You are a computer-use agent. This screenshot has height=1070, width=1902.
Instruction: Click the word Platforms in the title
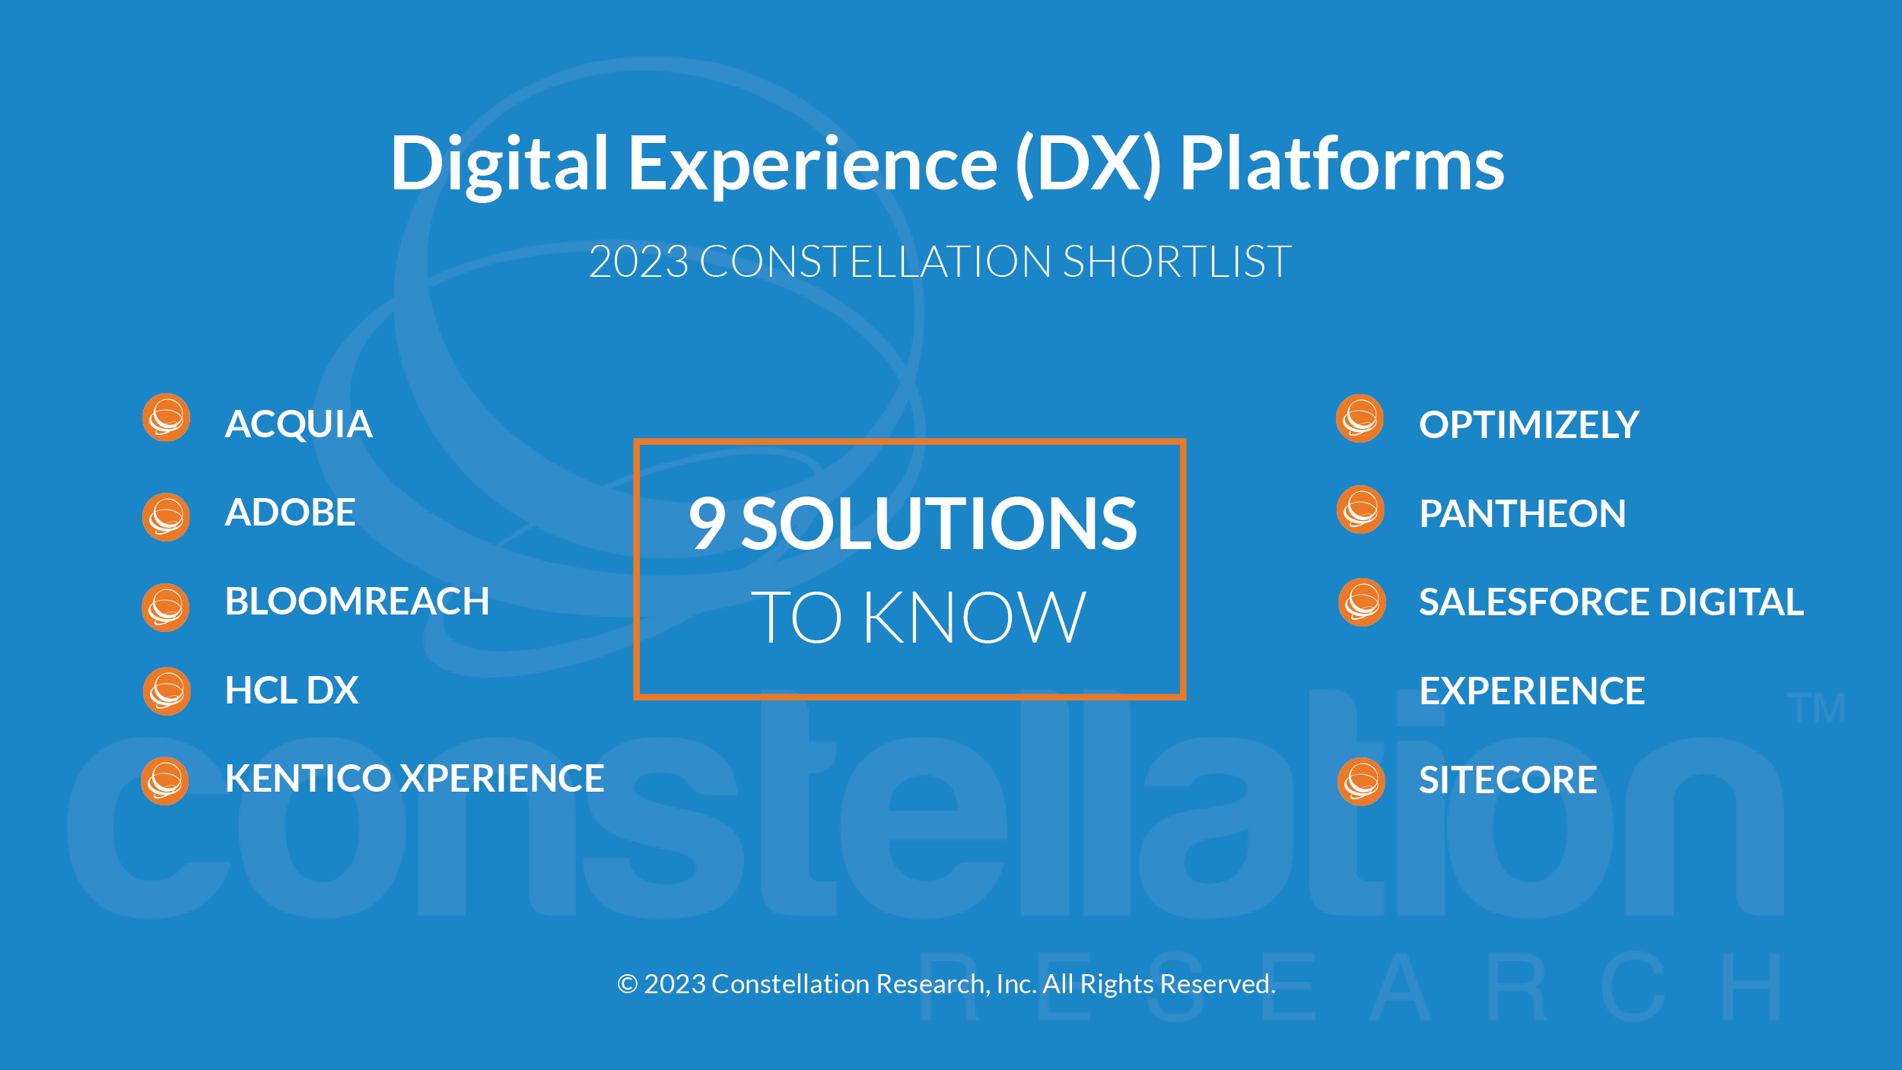[1342, 163]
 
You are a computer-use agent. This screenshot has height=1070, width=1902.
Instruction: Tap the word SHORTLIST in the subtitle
[1177, 262]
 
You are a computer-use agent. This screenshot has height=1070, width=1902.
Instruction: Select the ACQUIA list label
[299, 424]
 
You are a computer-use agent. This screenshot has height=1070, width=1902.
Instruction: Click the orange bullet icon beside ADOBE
[166, 517]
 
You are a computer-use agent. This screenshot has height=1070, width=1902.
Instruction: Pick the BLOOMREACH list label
[357, 601]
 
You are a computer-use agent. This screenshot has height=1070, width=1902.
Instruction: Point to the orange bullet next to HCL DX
[167, 691]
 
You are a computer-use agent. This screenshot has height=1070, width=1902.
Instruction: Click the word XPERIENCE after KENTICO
[503, 778]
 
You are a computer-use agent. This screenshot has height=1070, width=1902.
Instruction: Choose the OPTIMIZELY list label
[1529, 424]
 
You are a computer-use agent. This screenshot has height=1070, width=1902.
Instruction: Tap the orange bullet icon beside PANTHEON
[1360, 510]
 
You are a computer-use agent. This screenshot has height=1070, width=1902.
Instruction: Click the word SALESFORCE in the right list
[1535, 602]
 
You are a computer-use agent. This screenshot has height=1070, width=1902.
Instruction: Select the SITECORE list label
[1508, 779]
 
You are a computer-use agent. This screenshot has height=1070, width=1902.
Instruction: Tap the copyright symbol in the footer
[627, 984]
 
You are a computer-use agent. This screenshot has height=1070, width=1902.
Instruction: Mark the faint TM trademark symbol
[1816, 708]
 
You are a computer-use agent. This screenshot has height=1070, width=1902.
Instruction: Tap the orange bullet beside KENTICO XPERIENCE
[164, 781]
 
